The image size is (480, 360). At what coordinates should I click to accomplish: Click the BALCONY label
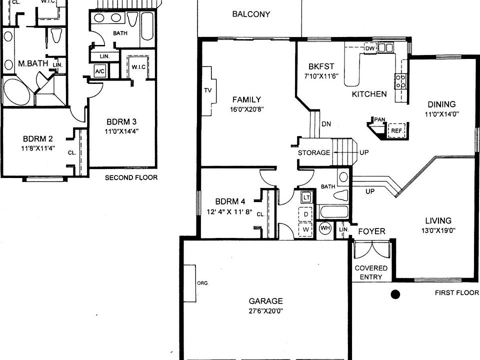coord(251,14)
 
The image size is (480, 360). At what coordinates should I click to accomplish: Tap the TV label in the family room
coord(208,90)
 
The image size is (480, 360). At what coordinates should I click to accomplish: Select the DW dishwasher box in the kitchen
coord(370,48)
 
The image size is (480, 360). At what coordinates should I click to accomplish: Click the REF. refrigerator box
coord(396,130)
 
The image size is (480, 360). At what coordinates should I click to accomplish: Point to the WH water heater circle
coord(325,228)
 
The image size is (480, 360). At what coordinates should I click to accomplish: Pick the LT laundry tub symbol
coord(306,197)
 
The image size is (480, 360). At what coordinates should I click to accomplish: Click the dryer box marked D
coord(306,214)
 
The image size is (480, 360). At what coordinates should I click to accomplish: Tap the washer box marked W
coord(306,229)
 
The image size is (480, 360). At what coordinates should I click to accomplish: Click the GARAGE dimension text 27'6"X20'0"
coord(265,311)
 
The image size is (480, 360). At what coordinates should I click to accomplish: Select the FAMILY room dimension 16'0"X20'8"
coord(247,109)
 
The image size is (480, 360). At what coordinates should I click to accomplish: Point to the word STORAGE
coord(314,152)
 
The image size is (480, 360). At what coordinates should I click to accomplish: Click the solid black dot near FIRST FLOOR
coord(395,294)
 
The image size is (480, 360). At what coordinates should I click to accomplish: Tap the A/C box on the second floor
coord(100,71)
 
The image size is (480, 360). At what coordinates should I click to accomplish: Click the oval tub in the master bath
coord(17,92)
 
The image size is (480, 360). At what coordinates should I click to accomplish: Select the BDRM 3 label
coord(121,122)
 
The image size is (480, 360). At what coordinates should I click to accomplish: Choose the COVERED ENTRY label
coord(371,272)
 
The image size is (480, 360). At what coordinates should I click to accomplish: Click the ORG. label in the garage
coord(202,283)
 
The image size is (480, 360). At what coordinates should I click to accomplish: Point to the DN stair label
coord(326,124)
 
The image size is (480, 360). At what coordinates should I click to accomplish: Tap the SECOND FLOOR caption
coord(131,177)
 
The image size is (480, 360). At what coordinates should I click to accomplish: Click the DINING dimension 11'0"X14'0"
coord(441,114)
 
